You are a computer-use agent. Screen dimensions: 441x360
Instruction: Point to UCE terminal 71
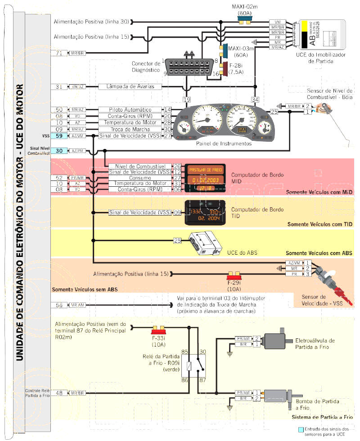point(59,53)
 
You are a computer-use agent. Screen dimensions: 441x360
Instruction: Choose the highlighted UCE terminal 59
point(59,135)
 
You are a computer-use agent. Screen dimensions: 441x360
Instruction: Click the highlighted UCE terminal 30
point(59,151)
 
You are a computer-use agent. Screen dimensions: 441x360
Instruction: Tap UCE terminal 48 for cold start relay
point(59,393)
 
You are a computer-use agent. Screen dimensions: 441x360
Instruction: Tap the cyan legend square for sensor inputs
point(301,429)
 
